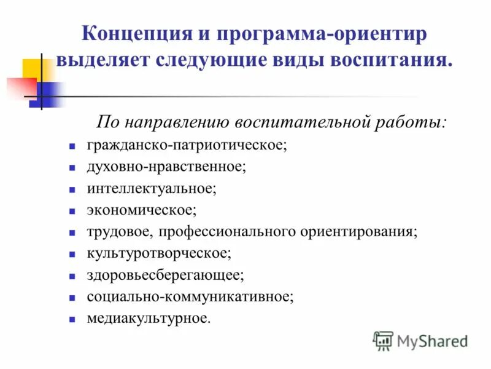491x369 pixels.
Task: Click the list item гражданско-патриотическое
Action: pos(187,146)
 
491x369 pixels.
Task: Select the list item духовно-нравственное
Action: pos(166,167)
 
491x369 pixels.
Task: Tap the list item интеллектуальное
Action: pos(152,189)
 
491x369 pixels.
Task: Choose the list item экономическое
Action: pos(142,210)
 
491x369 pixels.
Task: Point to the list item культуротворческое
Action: pos(159,253)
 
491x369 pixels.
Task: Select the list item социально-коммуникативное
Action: pos(190,296)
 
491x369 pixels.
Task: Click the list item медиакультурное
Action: pos(148,318)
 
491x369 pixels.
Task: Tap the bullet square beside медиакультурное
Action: pos(72,319)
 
